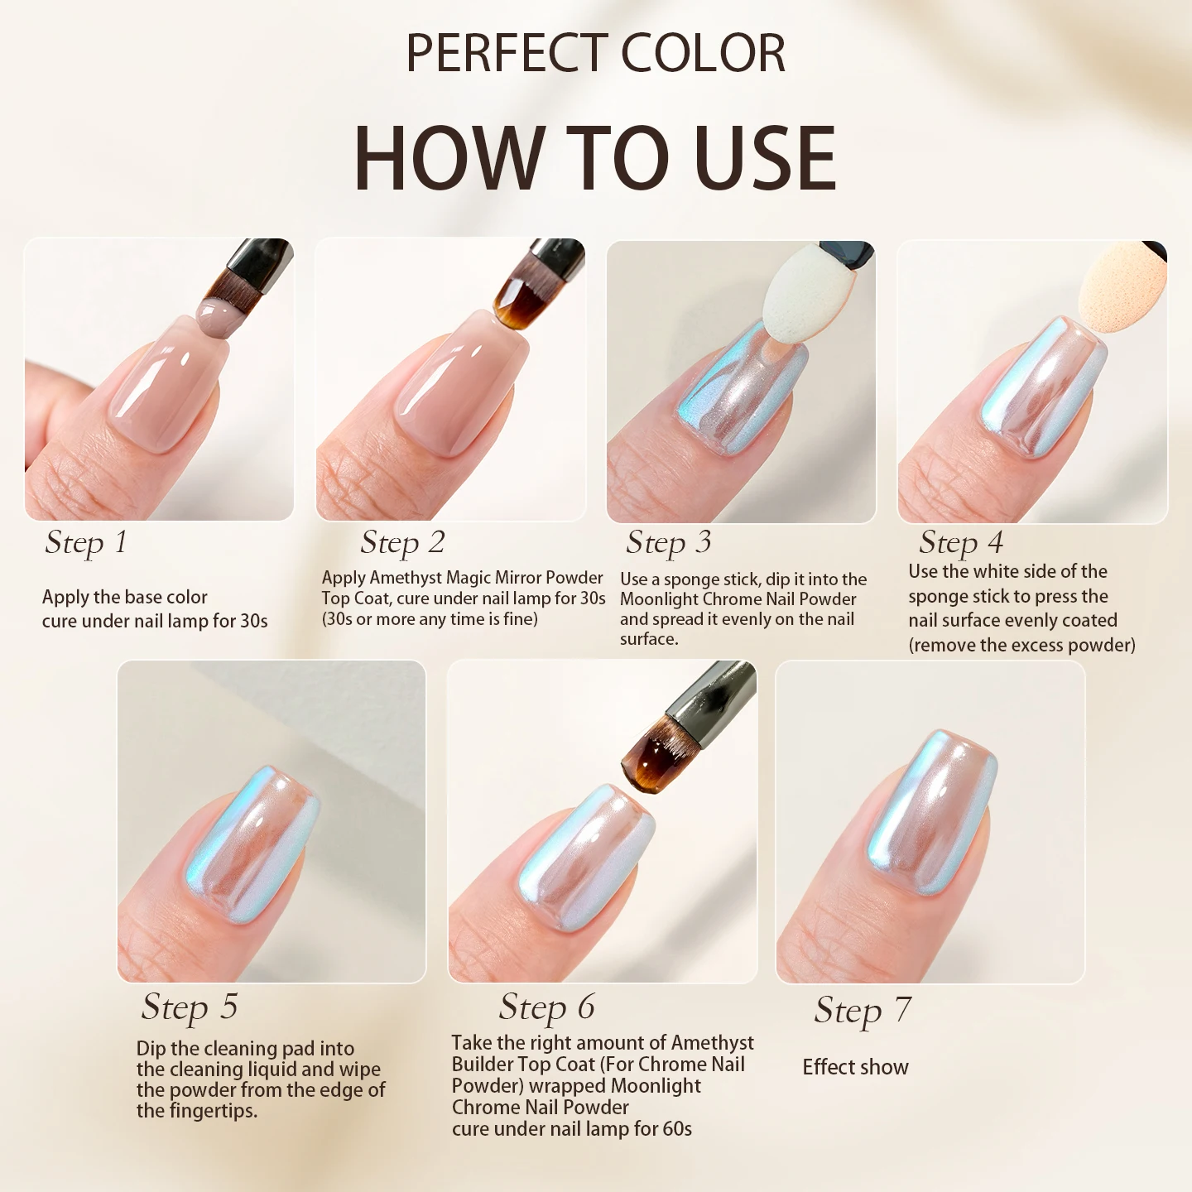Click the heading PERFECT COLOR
pos(595,54)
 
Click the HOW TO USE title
pos(595,157)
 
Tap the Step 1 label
pos(86,543)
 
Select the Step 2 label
pos(402,543)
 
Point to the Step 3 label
pos(668,543)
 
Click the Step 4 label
pos(960,543)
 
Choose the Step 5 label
pos(190,1007)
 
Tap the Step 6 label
pos(546,1007)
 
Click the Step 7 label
pos(863,1011)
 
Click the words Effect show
pos(855,1067)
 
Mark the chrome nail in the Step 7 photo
pos(931,811)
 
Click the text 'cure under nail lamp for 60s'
pos(571,1129)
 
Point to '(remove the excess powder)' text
pos(1021,645)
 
